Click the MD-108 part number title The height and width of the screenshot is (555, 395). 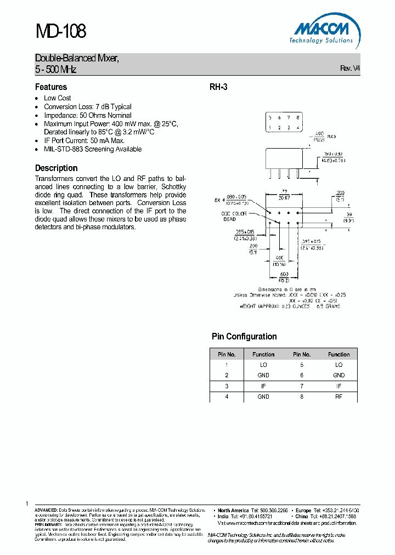click(60, 31)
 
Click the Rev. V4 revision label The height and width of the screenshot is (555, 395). click(350, 69)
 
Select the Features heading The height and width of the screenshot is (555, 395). click(51, 87)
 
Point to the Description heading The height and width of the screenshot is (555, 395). click(57, 168)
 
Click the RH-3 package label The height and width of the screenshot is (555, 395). click(218, 87)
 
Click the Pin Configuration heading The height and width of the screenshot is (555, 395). click(244, 336)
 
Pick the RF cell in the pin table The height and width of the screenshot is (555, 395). click(338, 396)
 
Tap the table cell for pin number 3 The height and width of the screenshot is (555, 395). click(226, 386)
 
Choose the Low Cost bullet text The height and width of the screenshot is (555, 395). click(58, 98)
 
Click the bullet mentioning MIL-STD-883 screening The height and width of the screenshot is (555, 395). click(93, 149)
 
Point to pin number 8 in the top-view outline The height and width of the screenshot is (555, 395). click(298, 118)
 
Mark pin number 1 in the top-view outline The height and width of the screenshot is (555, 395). click(269, 128)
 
